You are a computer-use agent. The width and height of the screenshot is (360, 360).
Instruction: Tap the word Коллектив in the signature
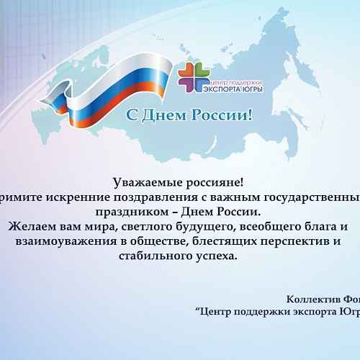pos(310,299)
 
